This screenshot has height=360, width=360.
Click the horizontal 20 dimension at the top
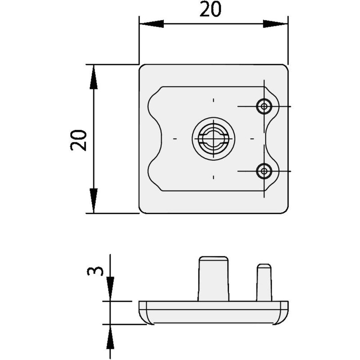pyautogui.click(x=211, y=9)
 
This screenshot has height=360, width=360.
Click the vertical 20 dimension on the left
pyautogui.click(x=78, y=139)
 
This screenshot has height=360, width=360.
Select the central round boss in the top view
pyautogui.click(x=213, y=139)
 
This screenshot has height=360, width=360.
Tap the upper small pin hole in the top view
pyautogui.click(x=264, y=106)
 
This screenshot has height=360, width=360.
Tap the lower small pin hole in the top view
pyautogui.click(x=264, y=171)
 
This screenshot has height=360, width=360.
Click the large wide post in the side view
pyautogui.click(x=213, y=279)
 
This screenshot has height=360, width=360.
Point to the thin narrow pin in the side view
pyautogui.click(x=264, y=283)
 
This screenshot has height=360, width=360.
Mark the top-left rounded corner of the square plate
pyautogui.click(x=143, y=68)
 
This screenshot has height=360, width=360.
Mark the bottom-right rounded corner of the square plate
pyautogui.click(x=284, y=209)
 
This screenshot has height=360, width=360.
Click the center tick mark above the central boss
pyautogui.click(x=213, y=99)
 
